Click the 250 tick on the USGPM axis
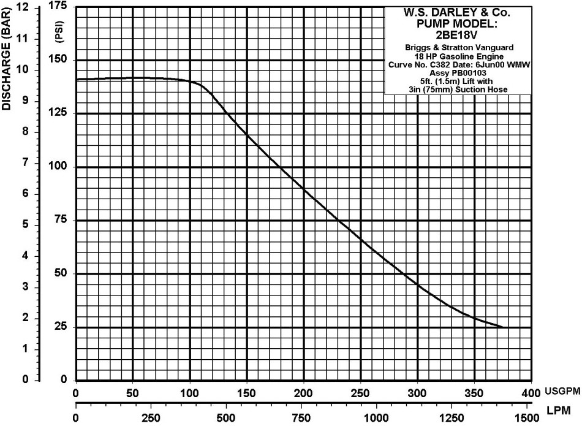pos(360,392)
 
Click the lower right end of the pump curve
pos(502,327)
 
